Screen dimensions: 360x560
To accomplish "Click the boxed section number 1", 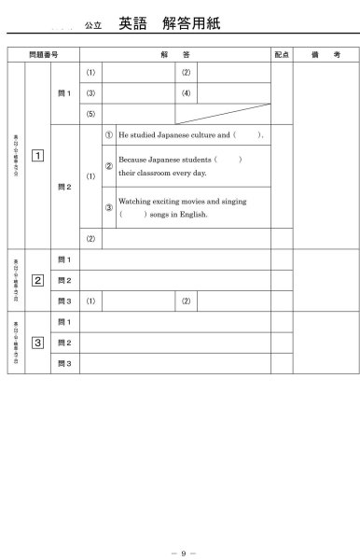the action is pos(37,155).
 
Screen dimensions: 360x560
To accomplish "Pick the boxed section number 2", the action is pos(37,280).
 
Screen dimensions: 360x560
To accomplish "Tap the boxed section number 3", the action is pos(37,343).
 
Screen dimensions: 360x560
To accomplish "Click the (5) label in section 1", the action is pos(90,114).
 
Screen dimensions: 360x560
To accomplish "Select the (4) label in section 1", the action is pos(187,93).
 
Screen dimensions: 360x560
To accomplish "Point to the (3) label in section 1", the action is pos(90,93).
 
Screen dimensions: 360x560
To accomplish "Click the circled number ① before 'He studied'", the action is pos(109,135).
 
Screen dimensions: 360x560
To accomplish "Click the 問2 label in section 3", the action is pos(64,343).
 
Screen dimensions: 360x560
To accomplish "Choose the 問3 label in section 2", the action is pos(64,301).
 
